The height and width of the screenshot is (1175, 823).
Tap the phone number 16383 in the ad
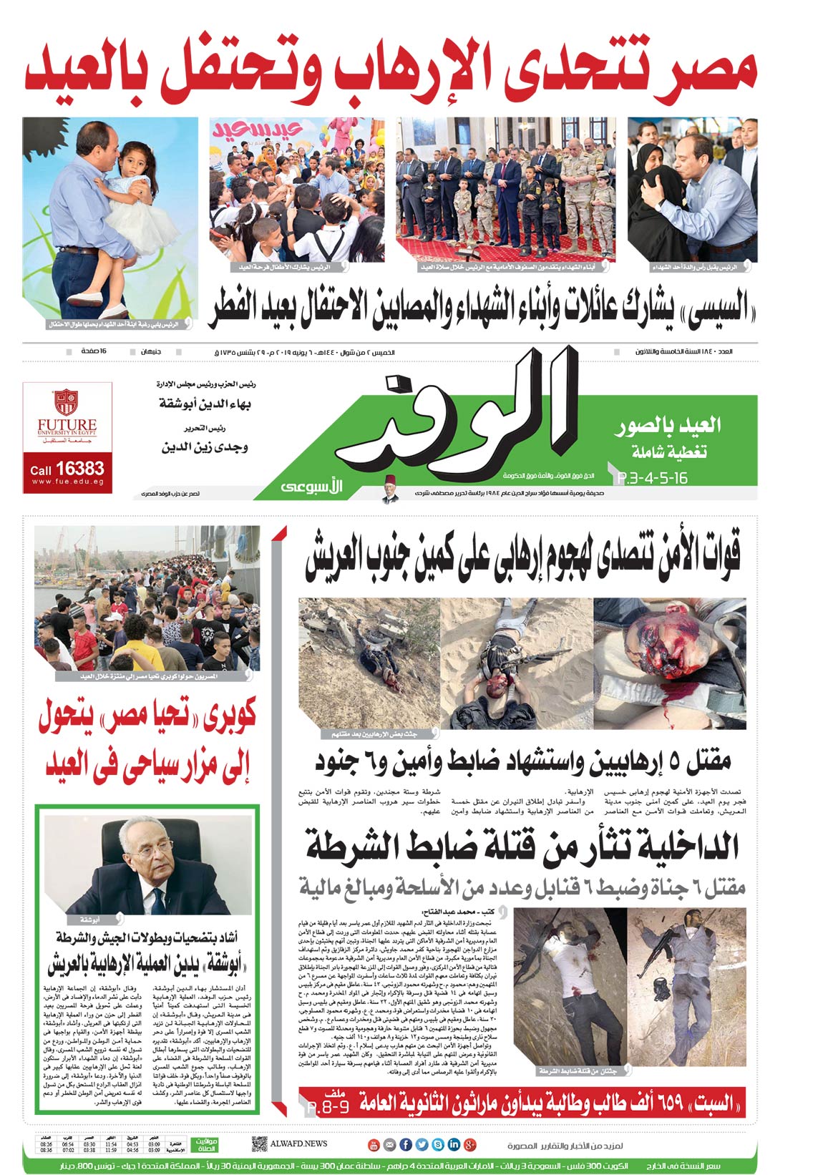tap(79, 469)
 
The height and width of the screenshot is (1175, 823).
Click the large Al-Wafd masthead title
tap(458, 419)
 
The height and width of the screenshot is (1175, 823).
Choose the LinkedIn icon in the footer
tap(453, 1144)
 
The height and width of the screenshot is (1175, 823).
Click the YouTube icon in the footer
tap(373, 1144)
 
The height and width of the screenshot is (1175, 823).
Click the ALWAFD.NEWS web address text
tap(298, 1144)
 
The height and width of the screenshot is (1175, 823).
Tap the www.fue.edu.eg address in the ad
tap(67, 482)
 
